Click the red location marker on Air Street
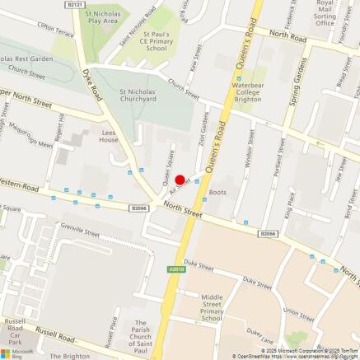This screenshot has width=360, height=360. [180, 180]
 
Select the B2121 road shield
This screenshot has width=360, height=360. [76, 4]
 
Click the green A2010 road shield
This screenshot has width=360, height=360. [176, 269]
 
